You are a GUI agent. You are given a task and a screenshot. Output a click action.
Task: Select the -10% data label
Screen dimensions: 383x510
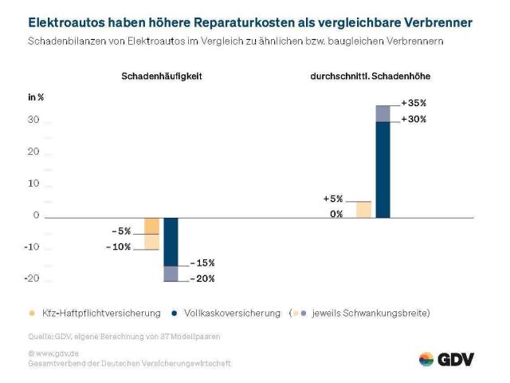click(118, 247)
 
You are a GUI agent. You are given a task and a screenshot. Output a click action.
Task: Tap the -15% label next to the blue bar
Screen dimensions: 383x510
click(202, 263)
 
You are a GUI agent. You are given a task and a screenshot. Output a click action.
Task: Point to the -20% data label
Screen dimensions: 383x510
click(202, 278)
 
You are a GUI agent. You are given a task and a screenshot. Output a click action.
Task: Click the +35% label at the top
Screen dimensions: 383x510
click(414, 103)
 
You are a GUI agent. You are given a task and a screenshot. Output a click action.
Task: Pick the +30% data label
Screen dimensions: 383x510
click(414, 119)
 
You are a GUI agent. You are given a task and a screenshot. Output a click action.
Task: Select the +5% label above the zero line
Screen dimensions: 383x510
click(332, 199)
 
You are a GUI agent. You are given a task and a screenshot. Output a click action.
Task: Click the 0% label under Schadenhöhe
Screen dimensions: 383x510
click(336, 214)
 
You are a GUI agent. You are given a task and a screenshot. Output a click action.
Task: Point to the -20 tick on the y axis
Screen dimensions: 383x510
click(31, 278)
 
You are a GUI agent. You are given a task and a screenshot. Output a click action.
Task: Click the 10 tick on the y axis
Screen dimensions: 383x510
click(33, 184)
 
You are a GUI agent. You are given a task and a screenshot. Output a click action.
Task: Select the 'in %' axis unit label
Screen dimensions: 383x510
click(37, 97)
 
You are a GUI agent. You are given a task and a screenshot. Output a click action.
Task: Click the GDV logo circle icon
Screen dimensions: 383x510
click(426, 359)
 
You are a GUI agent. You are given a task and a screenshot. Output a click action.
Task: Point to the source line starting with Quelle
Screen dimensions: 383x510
click(124, 337)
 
